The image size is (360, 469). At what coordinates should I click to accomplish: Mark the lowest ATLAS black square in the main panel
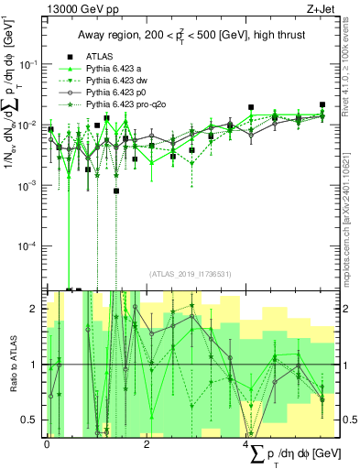tap(117, 191)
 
